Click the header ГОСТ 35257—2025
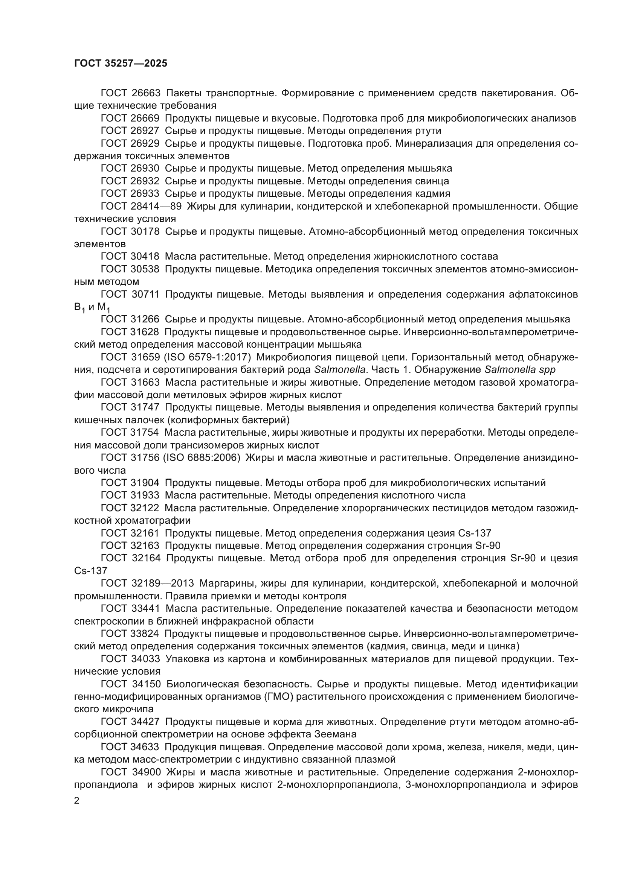121,64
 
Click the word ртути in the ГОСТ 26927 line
428,131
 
